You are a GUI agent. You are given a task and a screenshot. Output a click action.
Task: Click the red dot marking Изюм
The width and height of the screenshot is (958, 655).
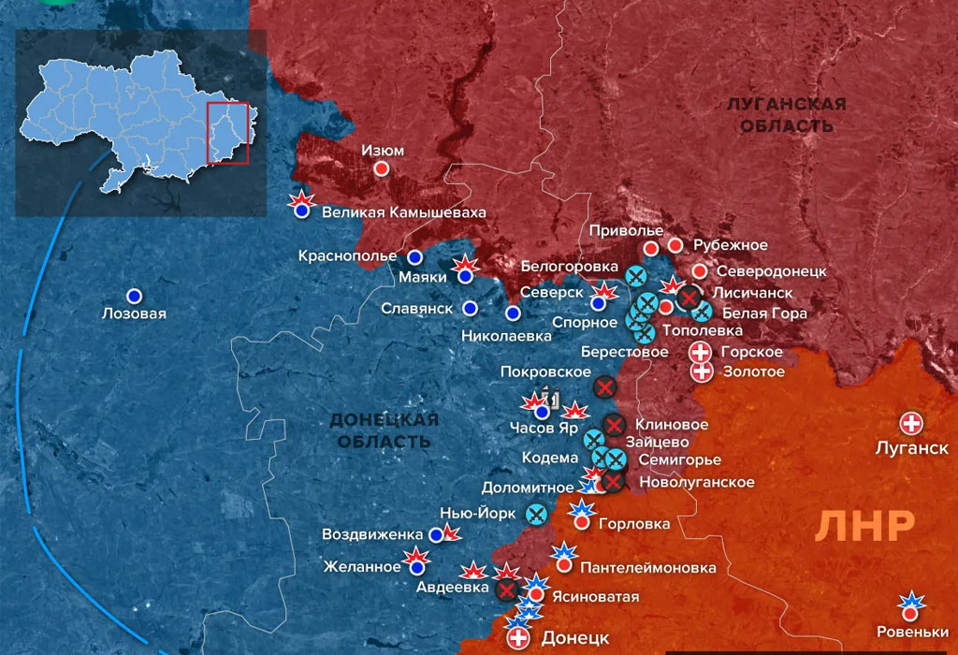coord(382,169)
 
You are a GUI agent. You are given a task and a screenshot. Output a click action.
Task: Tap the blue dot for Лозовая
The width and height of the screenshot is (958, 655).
coord(134,296)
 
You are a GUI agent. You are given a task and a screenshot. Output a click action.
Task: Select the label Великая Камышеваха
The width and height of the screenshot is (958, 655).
coord(404,212)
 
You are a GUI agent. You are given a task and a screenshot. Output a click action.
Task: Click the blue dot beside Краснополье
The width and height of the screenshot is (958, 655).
coord(414,256)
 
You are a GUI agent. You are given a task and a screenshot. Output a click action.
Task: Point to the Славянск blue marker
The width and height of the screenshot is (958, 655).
coord(471,308)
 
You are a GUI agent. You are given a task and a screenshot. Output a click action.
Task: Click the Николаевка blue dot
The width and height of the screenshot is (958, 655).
coord(513,313)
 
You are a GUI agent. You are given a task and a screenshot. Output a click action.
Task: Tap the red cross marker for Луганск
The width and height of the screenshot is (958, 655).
coord(910,422)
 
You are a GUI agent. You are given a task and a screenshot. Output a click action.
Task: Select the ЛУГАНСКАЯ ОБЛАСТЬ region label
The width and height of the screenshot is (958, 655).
coord(787,115)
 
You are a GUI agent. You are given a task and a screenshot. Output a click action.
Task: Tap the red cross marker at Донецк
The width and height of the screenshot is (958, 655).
coord(517,639)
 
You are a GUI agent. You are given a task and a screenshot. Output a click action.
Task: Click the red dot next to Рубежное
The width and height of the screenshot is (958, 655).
coord(675,245)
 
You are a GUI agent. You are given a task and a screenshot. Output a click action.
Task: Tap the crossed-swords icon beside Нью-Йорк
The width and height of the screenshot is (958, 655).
coord(536,514)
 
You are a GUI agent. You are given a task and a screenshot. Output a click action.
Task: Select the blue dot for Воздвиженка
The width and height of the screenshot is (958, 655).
coord(436,535)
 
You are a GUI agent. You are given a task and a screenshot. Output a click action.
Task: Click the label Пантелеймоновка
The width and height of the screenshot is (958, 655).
coord(648,568)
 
